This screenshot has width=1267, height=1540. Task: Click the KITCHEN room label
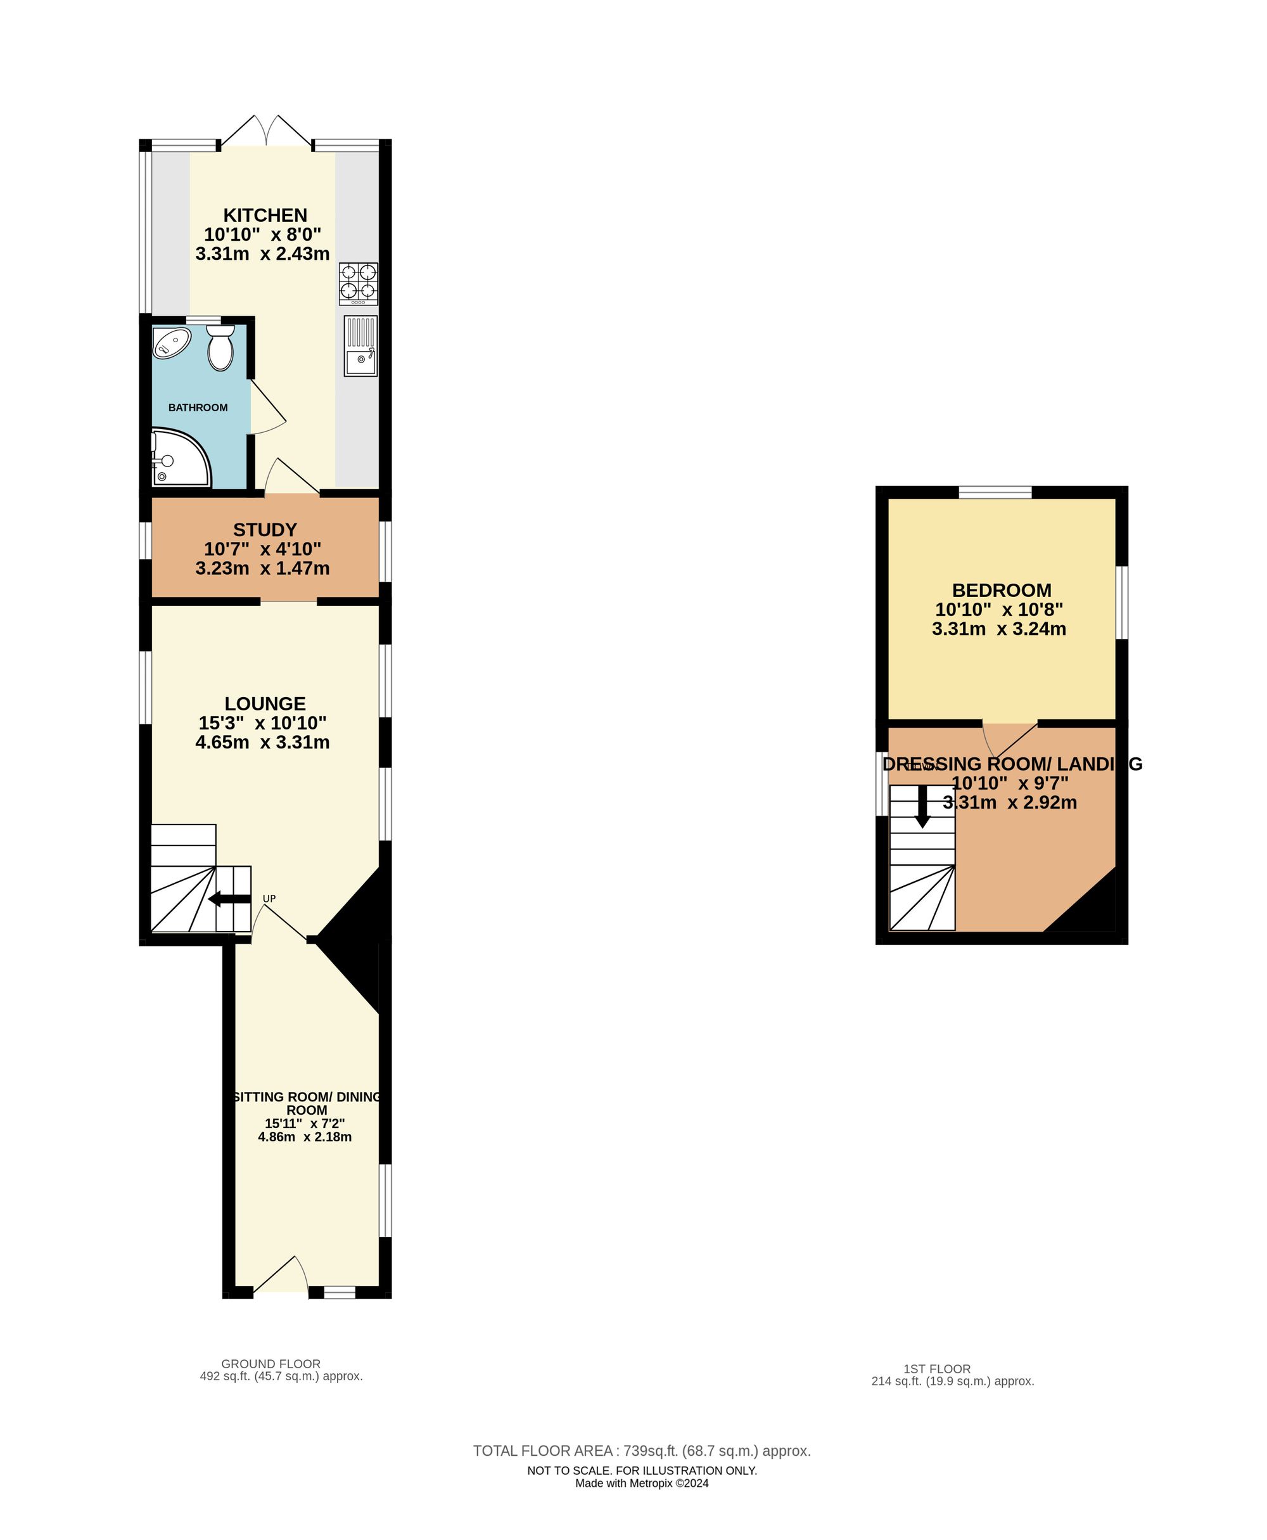coord(265,215)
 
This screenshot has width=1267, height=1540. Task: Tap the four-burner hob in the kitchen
coord(359,284)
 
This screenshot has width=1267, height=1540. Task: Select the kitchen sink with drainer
coord(360,346)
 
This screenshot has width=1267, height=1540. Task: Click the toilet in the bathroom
coord(220,349)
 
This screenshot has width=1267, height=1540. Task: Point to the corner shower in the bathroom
coord(178,460)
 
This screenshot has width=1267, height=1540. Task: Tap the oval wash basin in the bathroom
coord(172,342)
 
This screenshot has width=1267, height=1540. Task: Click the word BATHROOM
coord(198,407)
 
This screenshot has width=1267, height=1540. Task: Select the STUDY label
coord(265,529)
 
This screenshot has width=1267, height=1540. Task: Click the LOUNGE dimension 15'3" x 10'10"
coord(263,723)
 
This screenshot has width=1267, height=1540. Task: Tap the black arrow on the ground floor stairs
coord(229,899)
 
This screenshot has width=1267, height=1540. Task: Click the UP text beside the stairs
coord(269,898)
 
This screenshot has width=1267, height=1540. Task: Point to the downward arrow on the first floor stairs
coord(922,806)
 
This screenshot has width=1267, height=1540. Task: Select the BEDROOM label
coord(1002,590)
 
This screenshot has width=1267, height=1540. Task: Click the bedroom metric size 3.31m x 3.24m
coord(998,629)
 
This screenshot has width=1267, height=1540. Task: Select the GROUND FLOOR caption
coord(271,1363)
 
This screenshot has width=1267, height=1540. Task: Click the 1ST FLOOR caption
coord(936,1368)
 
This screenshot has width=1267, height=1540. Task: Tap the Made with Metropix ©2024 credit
coord(642,1483)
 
